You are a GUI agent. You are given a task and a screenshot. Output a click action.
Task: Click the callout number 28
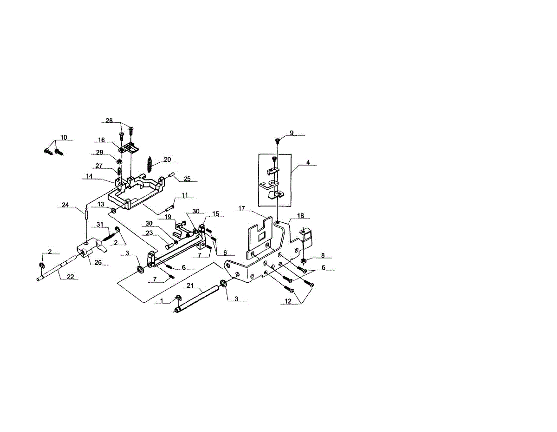pyautogui.click(x=109, y=120)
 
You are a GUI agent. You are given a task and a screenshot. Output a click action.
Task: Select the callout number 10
pyautogui.click(x=64, y=137)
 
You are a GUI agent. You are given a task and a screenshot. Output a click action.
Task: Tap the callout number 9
pyautogui.click(x=291, y=133)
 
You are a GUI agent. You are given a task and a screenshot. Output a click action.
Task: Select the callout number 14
pyautogui.click(x=89, y=176)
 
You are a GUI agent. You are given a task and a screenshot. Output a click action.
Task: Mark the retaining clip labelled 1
pyautogui.click(x=179, y=298)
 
